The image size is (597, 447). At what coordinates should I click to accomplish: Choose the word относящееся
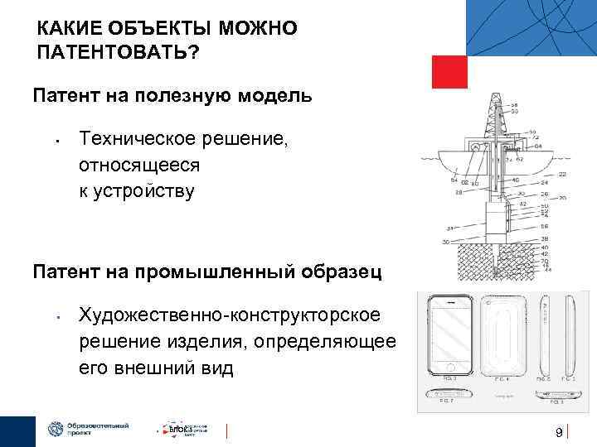(x=139, y=165)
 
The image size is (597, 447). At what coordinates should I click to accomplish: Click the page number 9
(x=558, y=432)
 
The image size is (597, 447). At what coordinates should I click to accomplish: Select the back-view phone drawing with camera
(x=503, y=335)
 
